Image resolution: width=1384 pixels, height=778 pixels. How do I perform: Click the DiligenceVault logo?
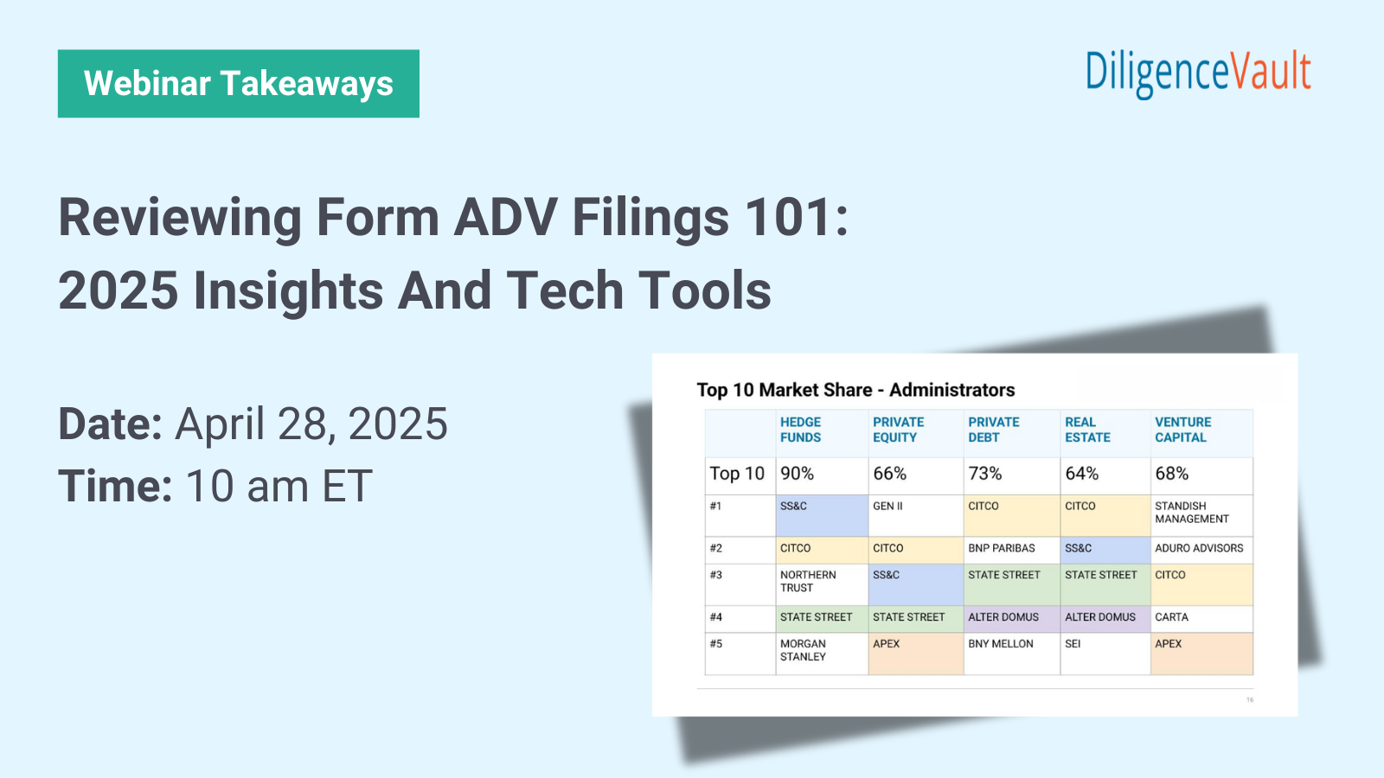coord(1198,73)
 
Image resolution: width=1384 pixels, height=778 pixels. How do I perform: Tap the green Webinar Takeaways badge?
coord(239,84)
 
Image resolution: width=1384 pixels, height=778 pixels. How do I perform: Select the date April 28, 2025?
coord(311,424)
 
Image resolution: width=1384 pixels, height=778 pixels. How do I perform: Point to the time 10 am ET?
coord(279,486)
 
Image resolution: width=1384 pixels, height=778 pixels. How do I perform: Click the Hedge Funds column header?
coord(801,430)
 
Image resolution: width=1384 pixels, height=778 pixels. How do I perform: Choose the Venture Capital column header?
coord(1182,430)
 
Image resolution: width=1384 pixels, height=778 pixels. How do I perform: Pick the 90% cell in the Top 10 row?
coord(798,474)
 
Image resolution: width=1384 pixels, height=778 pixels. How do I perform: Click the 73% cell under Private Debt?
coord(985,474)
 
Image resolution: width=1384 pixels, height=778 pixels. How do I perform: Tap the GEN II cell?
coord(888,507)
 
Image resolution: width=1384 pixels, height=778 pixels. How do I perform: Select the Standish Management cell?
coord(1192,513)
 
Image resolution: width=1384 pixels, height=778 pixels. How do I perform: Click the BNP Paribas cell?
coord(1002,548)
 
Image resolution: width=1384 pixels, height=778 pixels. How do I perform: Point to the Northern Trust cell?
coord(808,581)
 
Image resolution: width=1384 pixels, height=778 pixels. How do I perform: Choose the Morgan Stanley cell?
coord(804,650)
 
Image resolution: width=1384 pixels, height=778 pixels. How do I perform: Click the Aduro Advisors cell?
coord(1199,548)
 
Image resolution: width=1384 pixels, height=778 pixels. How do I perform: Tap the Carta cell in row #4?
coord(1172,617)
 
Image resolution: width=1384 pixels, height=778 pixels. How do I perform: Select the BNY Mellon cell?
coord(1001,644)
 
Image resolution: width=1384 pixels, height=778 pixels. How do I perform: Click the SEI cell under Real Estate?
coord(1073,644)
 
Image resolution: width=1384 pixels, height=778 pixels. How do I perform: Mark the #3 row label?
coord(716,575)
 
